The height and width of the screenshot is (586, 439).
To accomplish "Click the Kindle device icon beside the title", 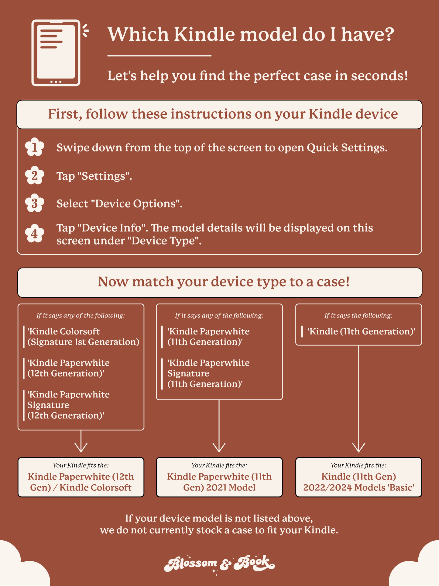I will coord(56,53).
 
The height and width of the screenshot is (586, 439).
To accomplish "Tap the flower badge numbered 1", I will coord(35,147).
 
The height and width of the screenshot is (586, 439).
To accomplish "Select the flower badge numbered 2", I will coord(35,176).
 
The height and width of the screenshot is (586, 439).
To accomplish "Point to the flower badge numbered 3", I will coord(35,203).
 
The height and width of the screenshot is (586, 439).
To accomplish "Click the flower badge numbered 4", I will coord(35,234).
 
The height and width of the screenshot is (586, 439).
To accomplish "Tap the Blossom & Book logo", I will coord(219,564).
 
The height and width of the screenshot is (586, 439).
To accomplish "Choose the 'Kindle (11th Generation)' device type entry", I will coord(361,331).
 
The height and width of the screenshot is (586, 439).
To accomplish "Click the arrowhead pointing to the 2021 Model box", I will coord(219,447).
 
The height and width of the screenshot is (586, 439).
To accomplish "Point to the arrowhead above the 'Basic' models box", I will coord(358,447).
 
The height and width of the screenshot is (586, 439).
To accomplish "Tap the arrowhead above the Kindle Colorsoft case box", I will coord(81,447).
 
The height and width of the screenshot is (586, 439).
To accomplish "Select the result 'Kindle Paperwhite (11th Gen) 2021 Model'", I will coord(219,482).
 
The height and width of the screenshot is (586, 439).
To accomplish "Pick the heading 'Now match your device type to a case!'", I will coord(224,282).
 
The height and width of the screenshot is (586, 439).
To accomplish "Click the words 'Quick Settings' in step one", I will coord(347,148).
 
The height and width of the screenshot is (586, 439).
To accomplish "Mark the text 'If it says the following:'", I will coord(358,316).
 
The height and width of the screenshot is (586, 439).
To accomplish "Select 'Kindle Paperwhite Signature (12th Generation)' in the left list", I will coord(68,405).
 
